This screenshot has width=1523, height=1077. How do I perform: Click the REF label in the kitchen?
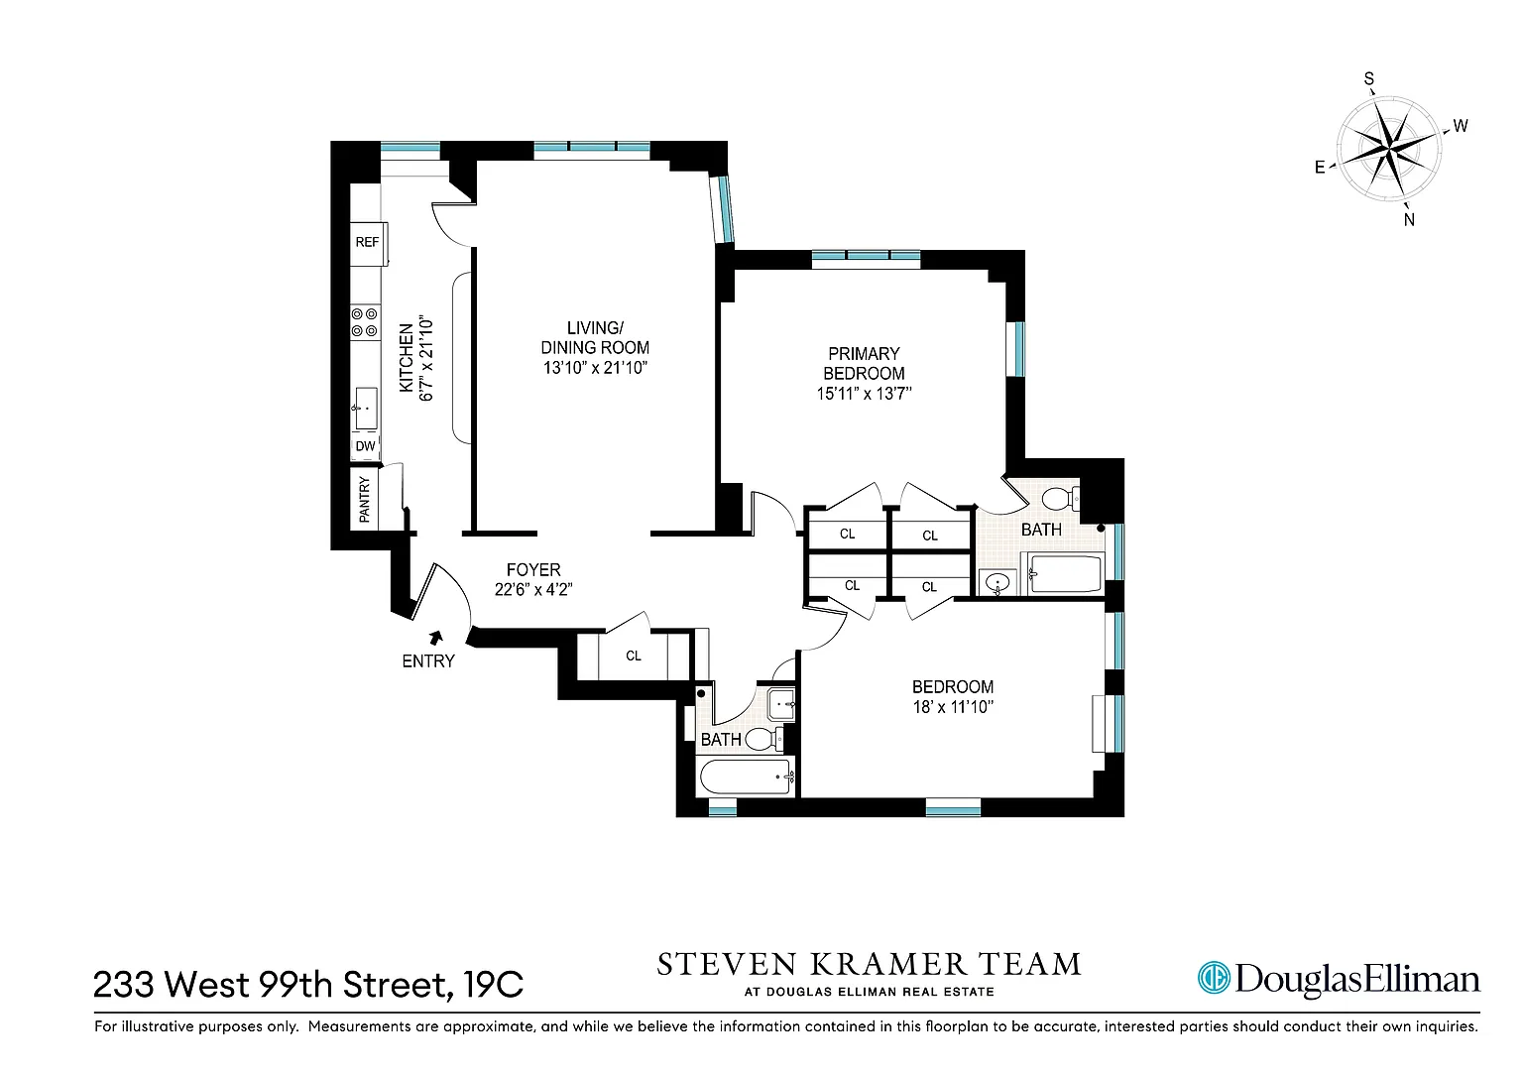[x=367, y=242]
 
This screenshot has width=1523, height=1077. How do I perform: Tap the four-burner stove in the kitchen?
[x=365, y=322]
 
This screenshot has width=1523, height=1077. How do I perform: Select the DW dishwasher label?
[x=365, y=446]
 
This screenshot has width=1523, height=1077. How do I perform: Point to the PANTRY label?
[x=365, y=500]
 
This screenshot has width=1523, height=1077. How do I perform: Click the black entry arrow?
[x=436, y=638]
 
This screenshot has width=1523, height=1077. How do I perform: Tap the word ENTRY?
[x=428, y=660]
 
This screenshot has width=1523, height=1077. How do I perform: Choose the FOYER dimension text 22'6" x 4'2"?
[x=533, y=589]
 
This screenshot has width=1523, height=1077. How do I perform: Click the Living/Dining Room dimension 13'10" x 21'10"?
[x=595, y=368]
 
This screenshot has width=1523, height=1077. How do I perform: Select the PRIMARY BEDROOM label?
[x=864, y=363]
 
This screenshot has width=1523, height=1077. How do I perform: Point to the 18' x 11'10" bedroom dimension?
[x=953, y=707]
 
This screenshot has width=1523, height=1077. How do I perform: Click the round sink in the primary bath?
[x=997, y=583]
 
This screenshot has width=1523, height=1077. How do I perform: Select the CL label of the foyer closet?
[x=634, y=656]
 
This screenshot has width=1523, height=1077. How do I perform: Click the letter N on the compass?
[x=1409, y=219]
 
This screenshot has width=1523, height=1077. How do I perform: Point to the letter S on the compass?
[x=1369, y=79]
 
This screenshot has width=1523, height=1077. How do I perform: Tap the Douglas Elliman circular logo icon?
[x=1214, y=978]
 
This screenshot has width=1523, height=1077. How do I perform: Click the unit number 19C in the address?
[x=494, y=984]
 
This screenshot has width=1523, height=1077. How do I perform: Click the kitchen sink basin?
[x=366, y=408]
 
